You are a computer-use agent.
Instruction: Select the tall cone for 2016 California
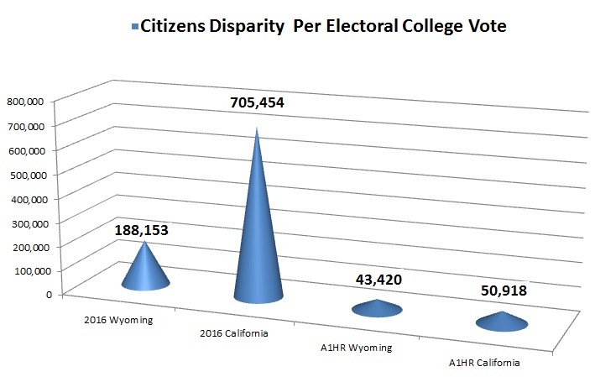258,243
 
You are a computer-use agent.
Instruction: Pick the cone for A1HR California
502,322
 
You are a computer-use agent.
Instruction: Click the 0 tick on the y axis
49,295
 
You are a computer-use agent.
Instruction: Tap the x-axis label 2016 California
234,334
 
